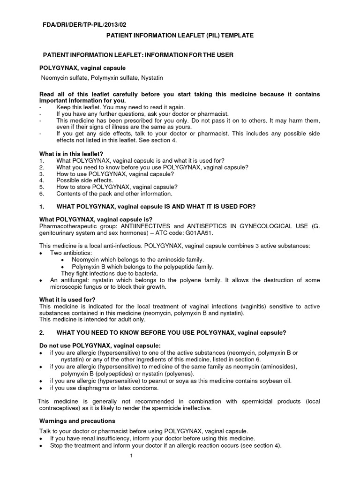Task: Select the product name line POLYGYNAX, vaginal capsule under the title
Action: click(x=82, y=68)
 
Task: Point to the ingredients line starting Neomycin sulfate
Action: click(x=102, y=77)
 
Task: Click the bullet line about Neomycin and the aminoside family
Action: click(x=138, y=260)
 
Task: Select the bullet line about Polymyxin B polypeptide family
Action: click(x=142, y=266)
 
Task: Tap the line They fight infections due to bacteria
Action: click(x=110, y=273)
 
